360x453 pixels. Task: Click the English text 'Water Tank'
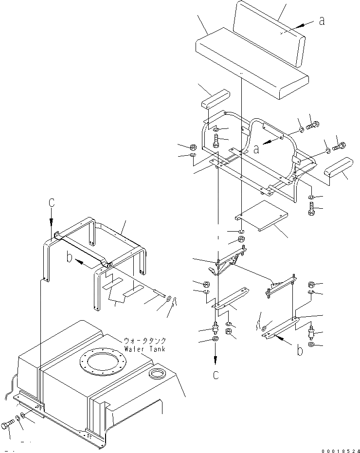145,349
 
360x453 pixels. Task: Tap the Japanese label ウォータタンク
145,341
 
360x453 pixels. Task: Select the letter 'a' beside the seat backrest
321,20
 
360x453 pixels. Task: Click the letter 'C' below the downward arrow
216,375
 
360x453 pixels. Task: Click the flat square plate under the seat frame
260,215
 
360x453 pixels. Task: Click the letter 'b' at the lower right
300,349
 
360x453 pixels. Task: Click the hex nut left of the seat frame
192,146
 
